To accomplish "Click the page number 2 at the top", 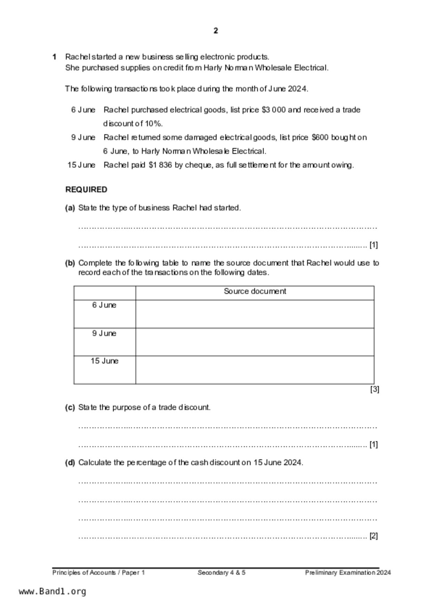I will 216,31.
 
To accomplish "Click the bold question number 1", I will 54,57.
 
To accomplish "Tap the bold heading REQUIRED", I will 86,190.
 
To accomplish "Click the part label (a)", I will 70,208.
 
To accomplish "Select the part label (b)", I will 70,263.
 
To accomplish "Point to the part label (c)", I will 70,408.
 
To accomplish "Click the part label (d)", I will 70,463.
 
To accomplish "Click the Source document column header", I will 255,291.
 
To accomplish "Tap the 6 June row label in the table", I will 104,305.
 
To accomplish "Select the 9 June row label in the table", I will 104,333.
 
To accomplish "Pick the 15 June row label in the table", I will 104,361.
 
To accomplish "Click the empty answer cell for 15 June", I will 255,370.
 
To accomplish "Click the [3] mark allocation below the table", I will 374,389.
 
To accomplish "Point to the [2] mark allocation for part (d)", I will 374,536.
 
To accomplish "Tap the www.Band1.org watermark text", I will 53,591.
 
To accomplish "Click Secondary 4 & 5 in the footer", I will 221,572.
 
